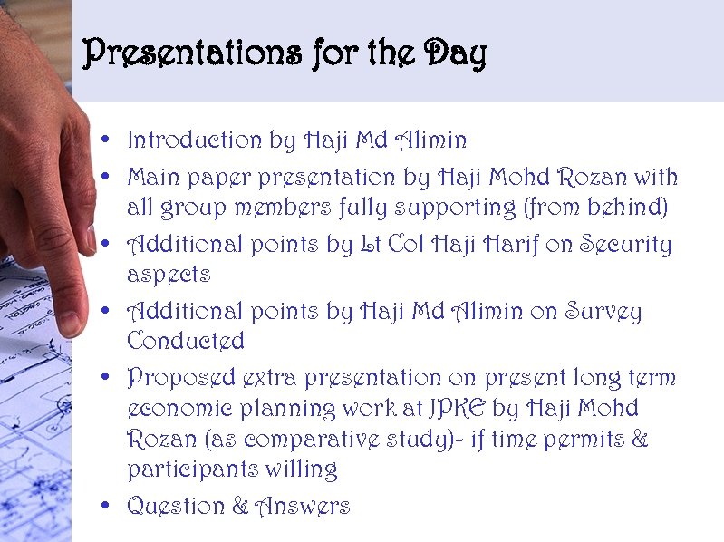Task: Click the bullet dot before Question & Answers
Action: click(108, 505)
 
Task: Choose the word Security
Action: click(625, 245)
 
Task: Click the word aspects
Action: click(169, 275)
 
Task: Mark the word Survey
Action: click(603, 312)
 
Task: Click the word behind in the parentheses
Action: click(632, 208)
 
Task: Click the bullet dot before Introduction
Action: click(108, 140)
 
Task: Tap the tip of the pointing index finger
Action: click(70, 326)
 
